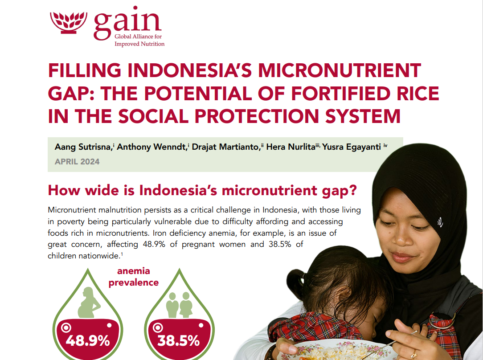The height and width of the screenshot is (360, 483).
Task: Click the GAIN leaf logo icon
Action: [x=68, y=22]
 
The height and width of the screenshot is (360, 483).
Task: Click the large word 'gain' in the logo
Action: [x=127, y=23]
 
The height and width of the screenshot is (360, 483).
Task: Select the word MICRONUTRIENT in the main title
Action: [x=340, y=70]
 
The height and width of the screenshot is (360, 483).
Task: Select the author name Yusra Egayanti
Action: [x=352, y=147]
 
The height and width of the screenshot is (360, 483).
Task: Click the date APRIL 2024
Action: [x=77, y=162]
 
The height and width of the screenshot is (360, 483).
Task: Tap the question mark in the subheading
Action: [x=353, y=190]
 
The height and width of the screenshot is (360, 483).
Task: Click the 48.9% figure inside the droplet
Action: [x=88, y=341]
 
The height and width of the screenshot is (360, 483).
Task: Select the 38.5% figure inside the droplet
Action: [x=179, y=341]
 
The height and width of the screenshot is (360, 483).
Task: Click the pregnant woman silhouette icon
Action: [x=89, y=303]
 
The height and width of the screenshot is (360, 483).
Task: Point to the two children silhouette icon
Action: [x=179, y=305]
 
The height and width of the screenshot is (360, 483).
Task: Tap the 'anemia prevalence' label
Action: [x=133, y=277]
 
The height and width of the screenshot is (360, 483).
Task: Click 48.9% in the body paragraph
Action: [x=154, y=244]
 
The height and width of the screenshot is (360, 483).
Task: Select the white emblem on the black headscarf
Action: [x=440, y=222]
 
